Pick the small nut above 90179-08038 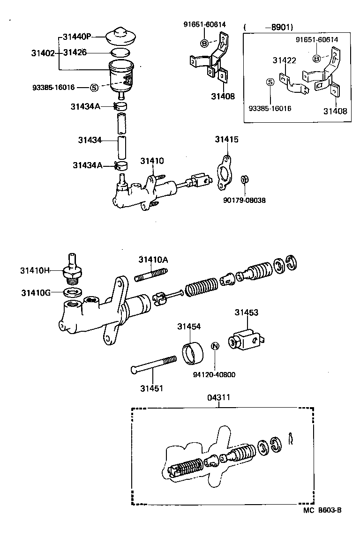pos(244,179)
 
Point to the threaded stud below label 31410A pos(151,275)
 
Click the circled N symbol pos(215,346)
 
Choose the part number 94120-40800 pos(215,375)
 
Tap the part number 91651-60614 pos(316,40)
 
